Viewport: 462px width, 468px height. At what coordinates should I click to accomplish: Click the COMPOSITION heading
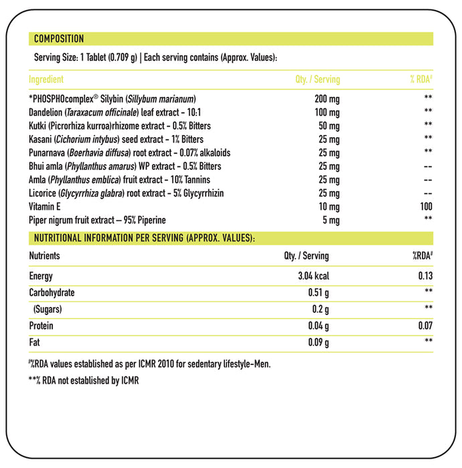[59, 39]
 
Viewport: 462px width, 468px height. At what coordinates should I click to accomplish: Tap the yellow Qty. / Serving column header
[317, 80]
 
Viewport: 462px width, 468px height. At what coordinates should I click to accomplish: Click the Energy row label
[41, 276]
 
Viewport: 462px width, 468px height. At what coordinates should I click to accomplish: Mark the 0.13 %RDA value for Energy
[425, 276]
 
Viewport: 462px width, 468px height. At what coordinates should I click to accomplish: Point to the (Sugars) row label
[47, 310]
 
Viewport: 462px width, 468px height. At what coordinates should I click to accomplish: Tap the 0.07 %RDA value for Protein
[425, 326]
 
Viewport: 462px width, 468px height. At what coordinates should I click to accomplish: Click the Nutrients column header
[44, 255]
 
